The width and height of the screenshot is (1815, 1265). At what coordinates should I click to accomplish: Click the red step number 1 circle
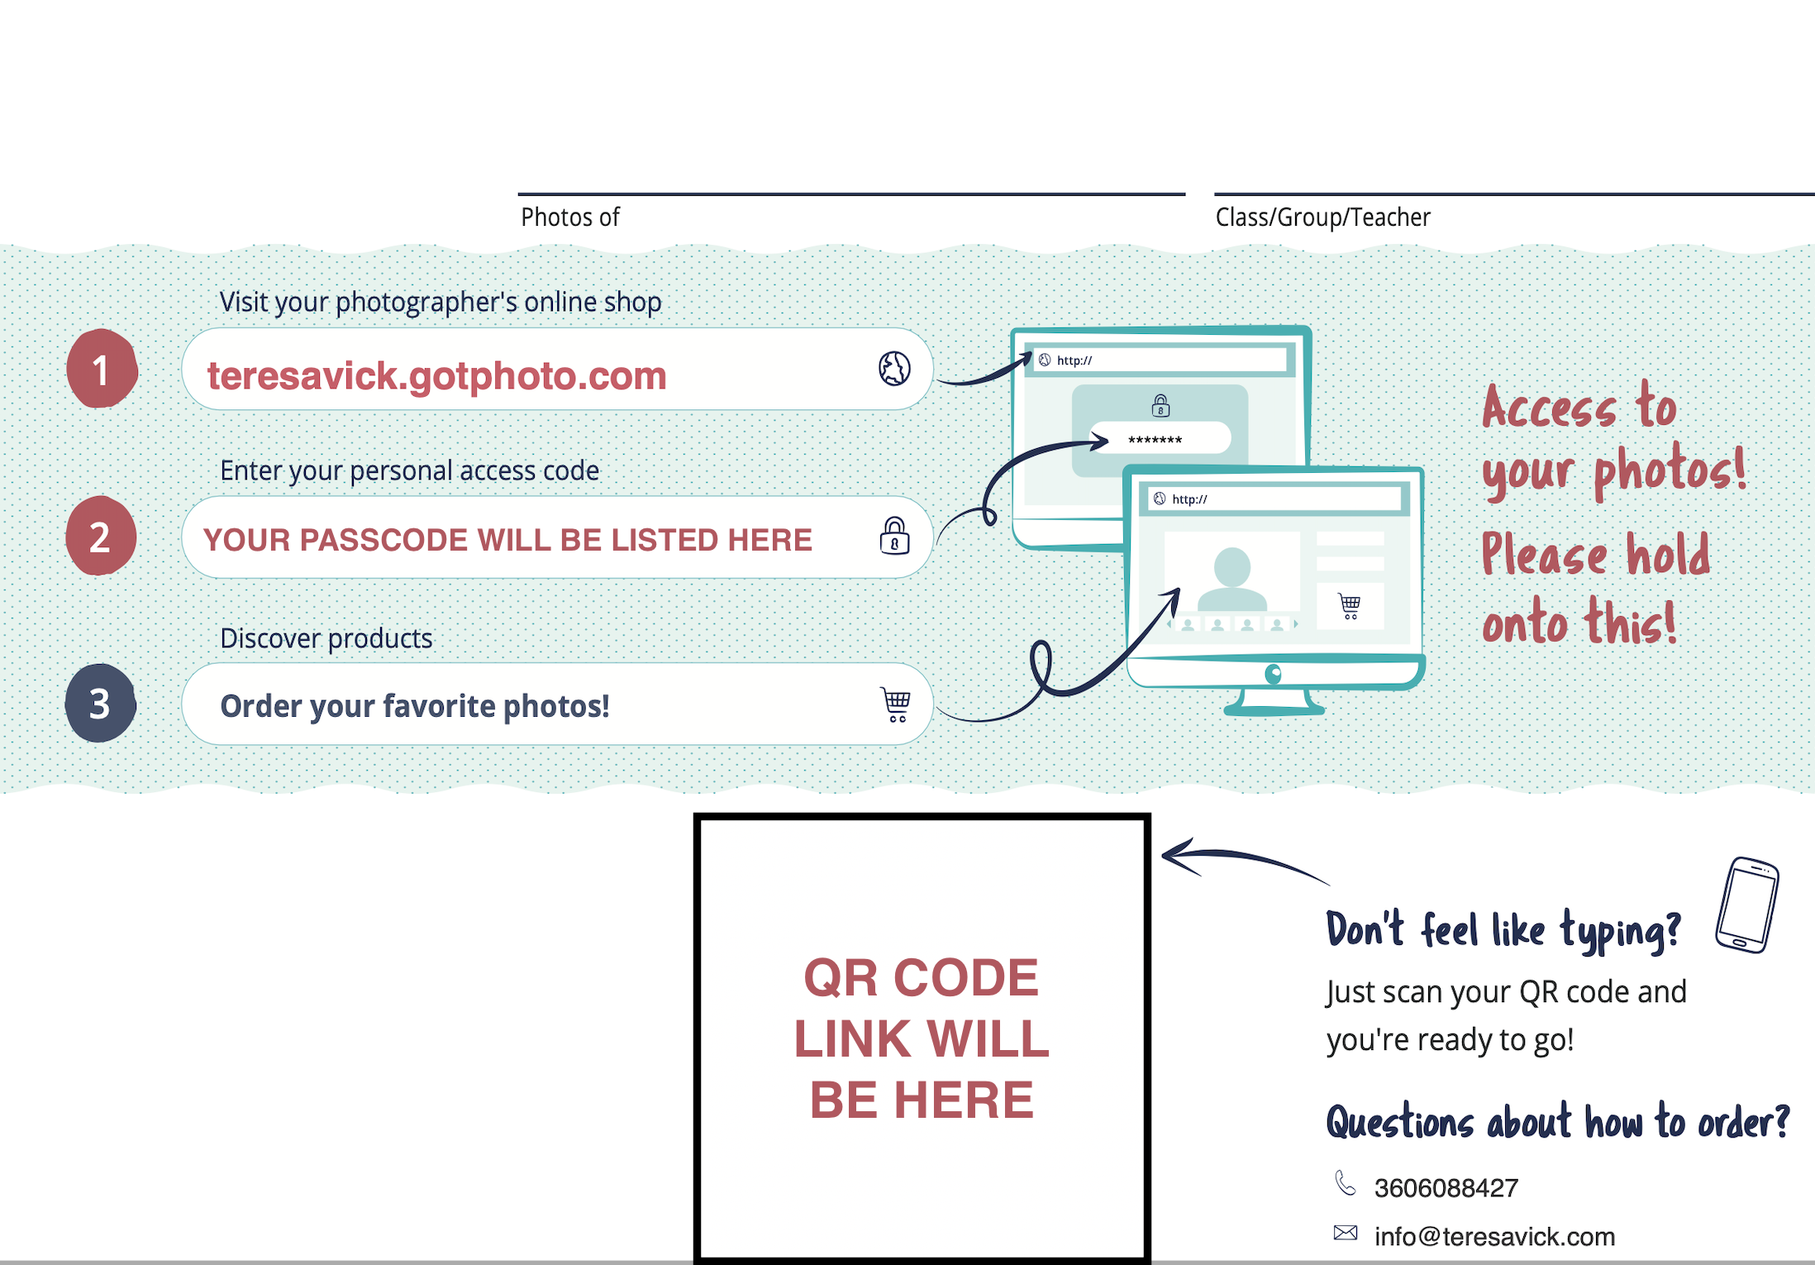click(102, 369)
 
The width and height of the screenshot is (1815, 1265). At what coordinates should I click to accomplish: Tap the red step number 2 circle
click(101, 537)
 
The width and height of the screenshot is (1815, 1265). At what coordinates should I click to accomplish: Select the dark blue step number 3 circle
click(100, 704)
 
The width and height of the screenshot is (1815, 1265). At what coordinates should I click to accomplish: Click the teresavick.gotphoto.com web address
click(436, 376)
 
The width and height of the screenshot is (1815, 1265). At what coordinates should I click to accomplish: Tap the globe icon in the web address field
click(894, 368)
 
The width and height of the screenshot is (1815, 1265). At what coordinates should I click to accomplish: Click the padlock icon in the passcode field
click(894, 536)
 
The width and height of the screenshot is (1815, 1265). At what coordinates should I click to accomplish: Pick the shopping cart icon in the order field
click(896, 704)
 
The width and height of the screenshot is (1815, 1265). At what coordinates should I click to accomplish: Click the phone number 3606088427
click(1446, 1188)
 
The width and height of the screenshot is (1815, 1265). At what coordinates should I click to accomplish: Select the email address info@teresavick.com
click(1494, 1236)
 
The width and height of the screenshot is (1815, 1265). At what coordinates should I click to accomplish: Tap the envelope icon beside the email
click(1346, 1233)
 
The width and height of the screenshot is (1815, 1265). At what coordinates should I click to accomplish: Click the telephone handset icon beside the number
click(1346, 1184)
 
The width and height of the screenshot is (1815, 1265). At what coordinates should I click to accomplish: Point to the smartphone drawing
click(1747, 905)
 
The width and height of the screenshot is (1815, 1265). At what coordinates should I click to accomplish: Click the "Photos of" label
click(569, 217)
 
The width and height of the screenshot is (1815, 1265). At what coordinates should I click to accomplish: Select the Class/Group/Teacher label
click(1322, 217)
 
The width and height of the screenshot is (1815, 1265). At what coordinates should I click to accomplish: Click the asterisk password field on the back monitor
click(1159, 438)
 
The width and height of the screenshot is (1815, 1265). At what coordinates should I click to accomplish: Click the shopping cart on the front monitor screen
click(1350, 606)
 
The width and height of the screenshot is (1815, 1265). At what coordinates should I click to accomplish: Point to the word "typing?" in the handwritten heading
click(1620, 931)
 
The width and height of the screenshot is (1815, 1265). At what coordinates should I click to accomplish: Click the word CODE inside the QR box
click(965, 978)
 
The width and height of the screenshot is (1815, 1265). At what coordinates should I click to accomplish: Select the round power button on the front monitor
click(1274, 674)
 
